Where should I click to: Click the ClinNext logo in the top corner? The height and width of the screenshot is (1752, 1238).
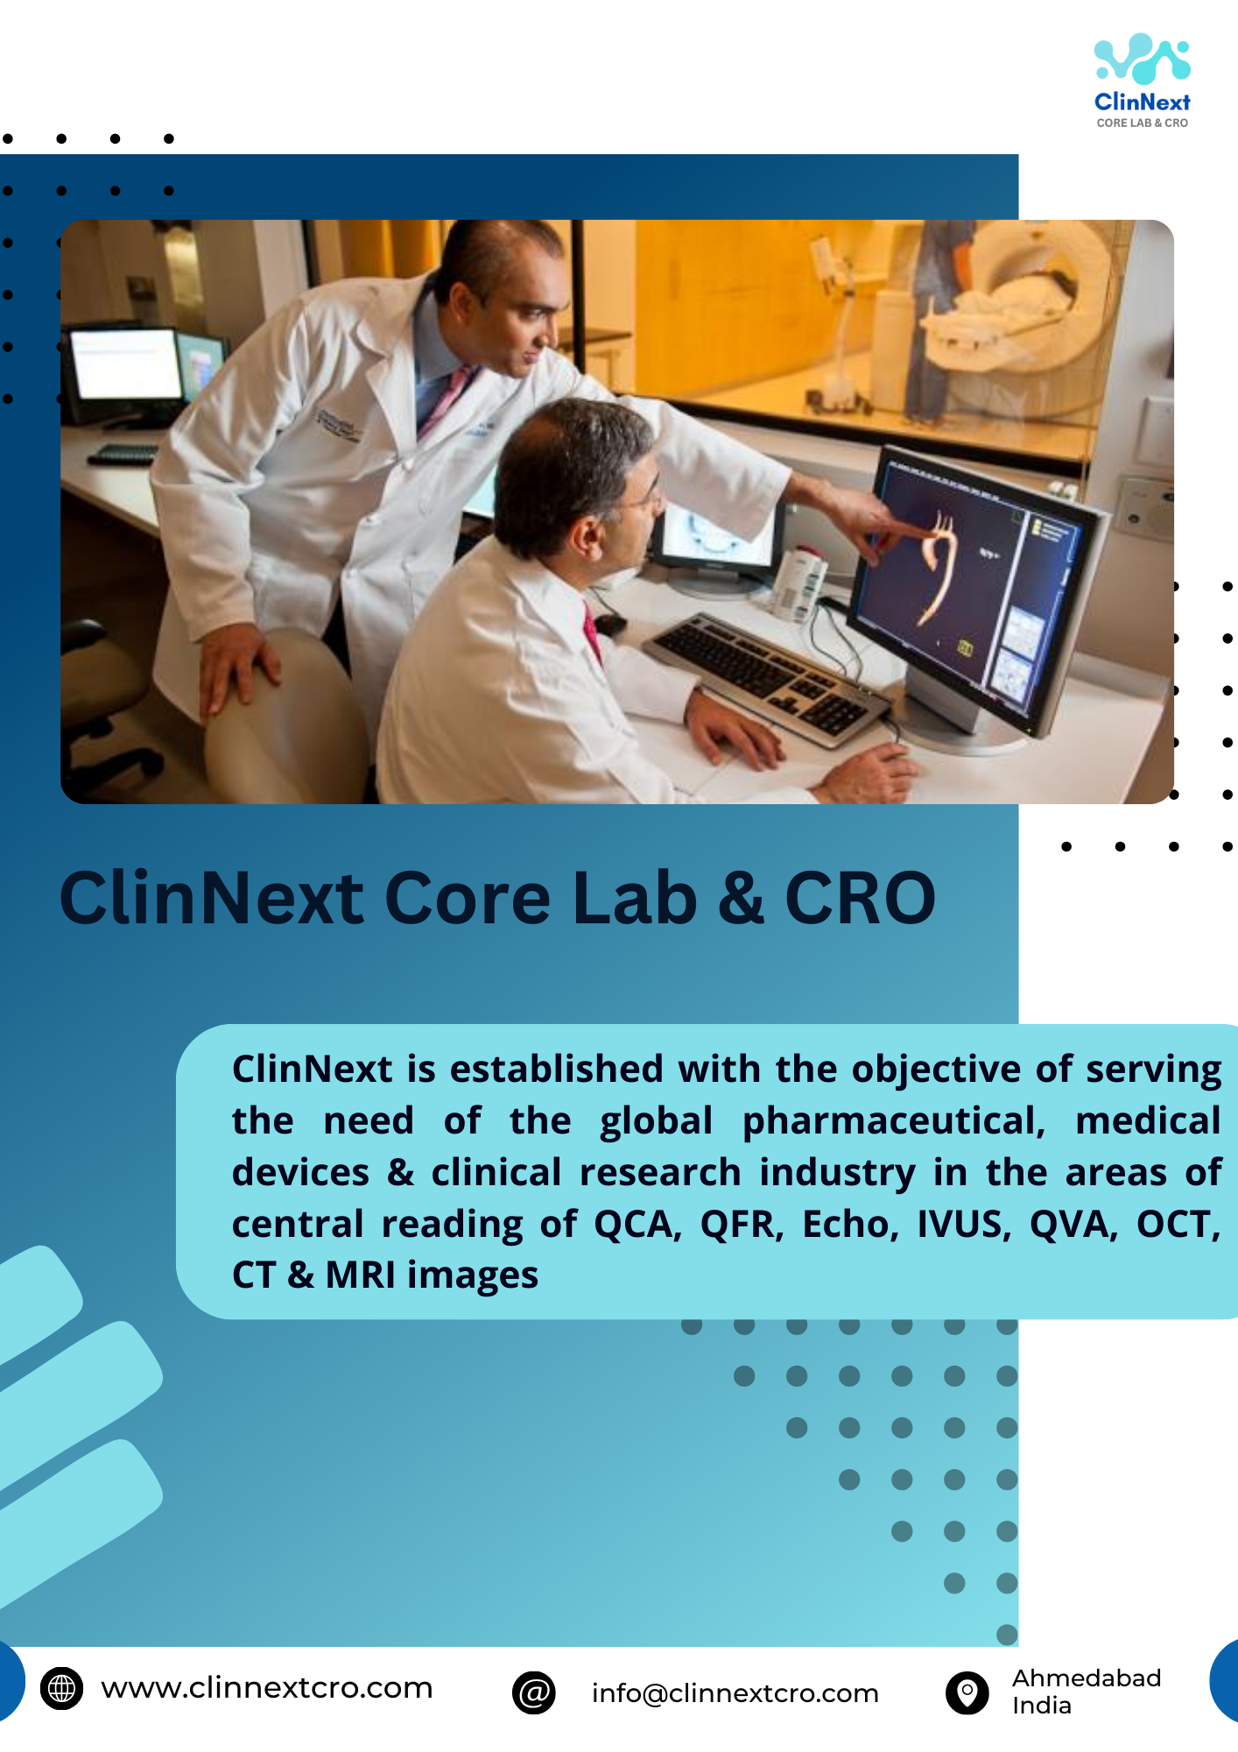click(1142, 81)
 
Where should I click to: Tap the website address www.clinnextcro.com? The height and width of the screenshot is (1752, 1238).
click(267, 1687)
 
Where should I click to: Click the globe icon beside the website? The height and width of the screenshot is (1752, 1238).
click(61, 1687)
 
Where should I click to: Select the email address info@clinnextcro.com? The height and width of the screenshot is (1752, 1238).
click(735, 1693)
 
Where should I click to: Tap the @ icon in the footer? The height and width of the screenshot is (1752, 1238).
click(534, 1692)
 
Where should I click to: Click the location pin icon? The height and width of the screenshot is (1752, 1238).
click(967, 1692)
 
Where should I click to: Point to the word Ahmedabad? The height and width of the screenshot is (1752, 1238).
click(1087, 1678)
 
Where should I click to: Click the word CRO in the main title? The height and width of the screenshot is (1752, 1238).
click(860, 898)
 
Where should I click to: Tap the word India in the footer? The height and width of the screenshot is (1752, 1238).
click(1042, 1706)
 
